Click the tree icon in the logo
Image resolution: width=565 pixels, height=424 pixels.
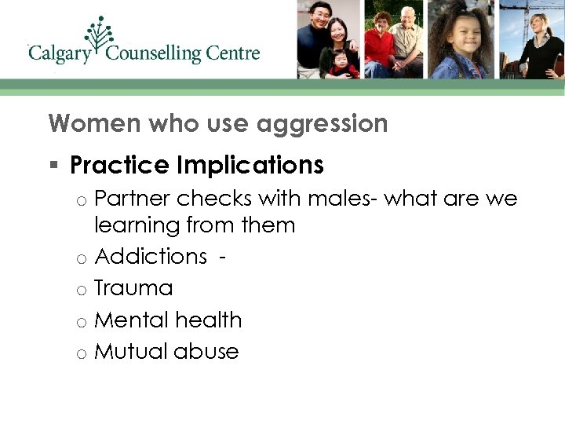pos(100,35)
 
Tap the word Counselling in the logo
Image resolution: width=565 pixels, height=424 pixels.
pos(155,54)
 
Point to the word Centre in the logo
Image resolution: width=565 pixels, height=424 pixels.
pos(233,54)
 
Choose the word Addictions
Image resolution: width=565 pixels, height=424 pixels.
pos(150,257)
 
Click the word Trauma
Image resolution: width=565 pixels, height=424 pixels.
pos(133,288)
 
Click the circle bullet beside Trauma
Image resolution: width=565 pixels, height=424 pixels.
pos(81,291)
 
